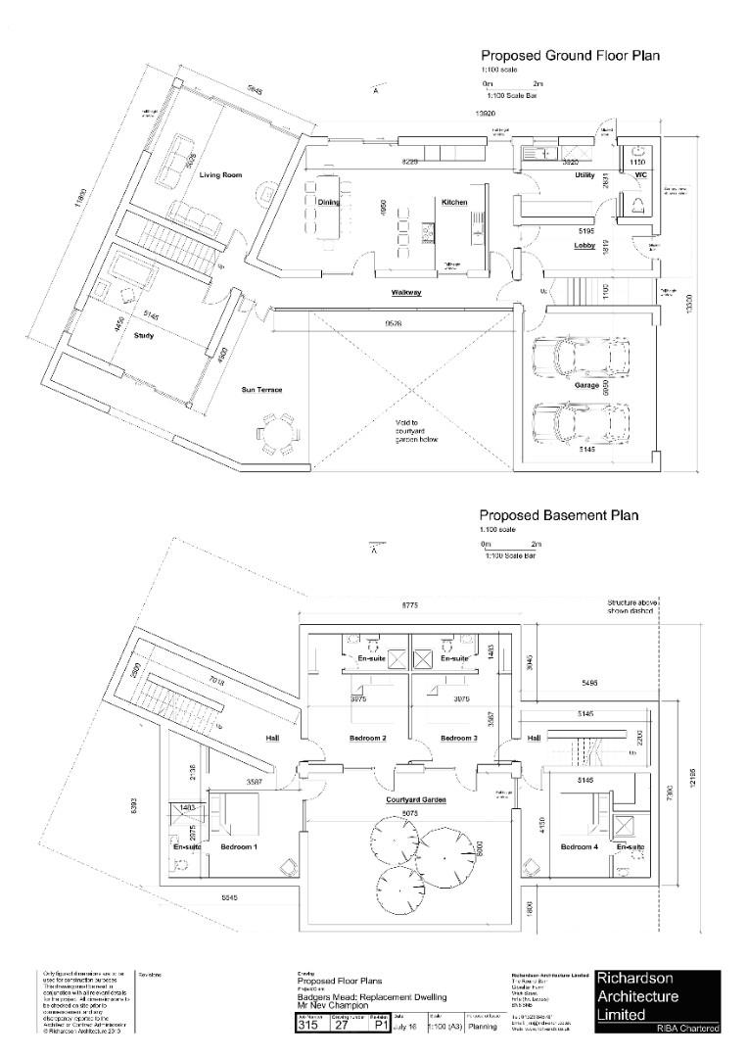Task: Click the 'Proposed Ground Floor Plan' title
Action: tap(569, 56)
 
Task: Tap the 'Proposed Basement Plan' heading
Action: tap(558, 514)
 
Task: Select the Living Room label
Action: tap(220, 175)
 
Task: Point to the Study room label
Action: tap(144, 335)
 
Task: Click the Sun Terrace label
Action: tap(261, 390)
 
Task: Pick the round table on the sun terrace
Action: tap(278, 432)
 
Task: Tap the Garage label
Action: tap(587, 386)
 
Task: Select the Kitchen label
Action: tap(454, 202)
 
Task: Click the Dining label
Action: tap(329, 202)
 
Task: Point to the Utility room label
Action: tap(585, 174)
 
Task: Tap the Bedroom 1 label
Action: tap(238, 846)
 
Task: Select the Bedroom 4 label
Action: tap(579, 846)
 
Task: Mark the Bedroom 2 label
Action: tap(368, 738)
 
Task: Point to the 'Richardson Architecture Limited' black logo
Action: tap(657, 1002)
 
